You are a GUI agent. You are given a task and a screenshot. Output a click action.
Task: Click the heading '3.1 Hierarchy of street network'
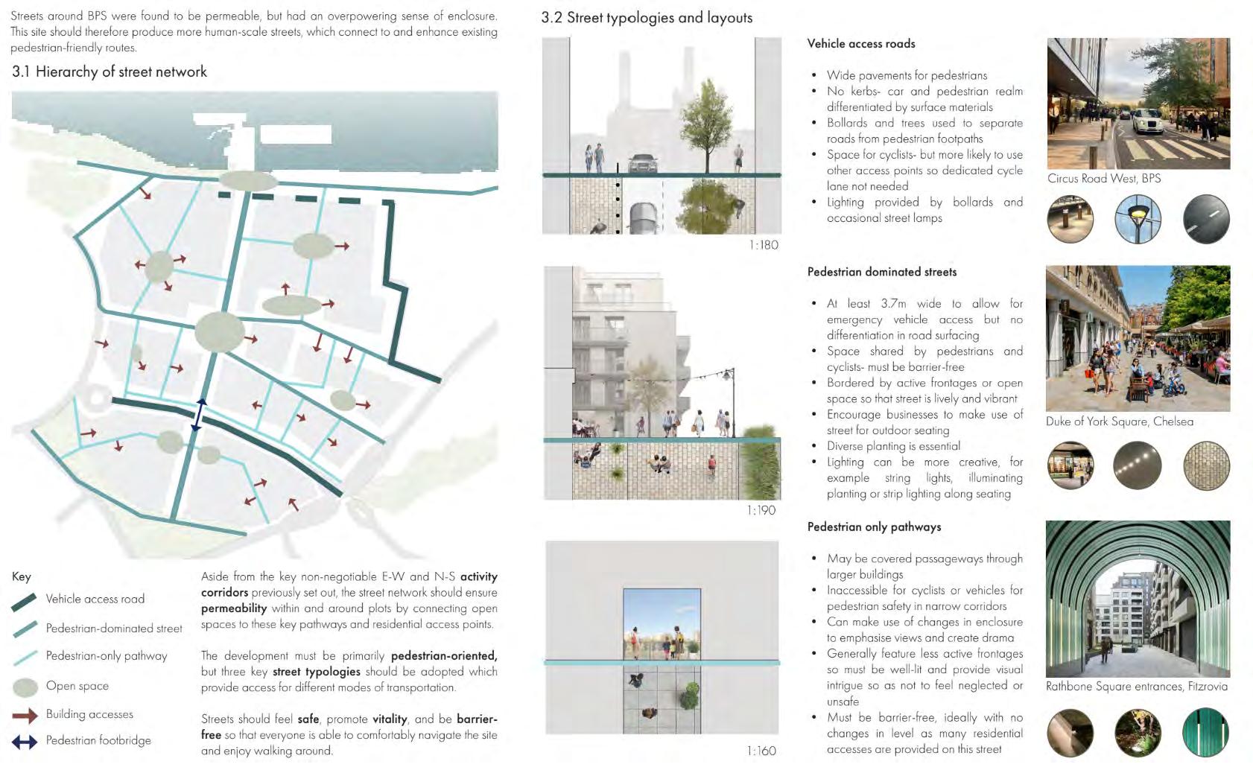[x=110, y=72]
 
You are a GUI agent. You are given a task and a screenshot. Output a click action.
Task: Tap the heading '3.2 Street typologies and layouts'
[x=647, y=18]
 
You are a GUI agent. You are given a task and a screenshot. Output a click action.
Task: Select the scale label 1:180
[x=764, y=245]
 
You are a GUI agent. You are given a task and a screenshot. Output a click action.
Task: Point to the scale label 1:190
[x=761, y=510]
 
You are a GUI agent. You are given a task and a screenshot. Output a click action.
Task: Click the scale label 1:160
[x=761, y=751]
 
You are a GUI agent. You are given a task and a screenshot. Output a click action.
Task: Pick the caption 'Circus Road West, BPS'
[x=1104, y=179]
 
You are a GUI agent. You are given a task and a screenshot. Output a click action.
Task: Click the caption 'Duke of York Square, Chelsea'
[x=1120, y=422]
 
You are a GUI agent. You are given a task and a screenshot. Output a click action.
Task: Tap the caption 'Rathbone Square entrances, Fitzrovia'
[x=1137, y=687]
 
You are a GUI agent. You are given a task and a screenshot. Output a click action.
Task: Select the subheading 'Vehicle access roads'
[x=861, y=44]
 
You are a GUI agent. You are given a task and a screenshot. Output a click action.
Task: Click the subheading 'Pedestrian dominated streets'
[x=882, y=272]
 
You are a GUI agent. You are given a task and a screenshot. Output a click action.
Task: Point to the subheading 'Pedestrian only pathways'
[x=874, y=527]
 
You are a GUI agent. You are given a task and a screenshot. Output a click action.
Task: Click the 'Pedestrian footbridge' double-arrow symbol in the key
[x=25, y=742]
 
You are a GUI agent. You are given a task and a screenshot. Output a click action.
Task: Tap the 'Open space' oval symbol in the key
[x=25, y=687]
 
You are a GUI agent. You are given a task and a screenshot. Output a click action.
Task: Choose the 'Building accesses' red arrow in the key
[x=25, y=716]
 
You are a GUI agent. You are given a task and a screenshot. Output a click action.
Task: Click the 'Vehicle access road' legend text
[x=95, y=599]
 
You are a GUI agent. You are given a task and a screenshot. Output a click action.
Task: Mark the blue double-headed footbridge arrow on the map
[x=198, y=415]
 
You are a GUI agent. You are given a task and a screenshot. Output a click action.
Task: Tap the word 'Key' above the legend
[x=22, y=576]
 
